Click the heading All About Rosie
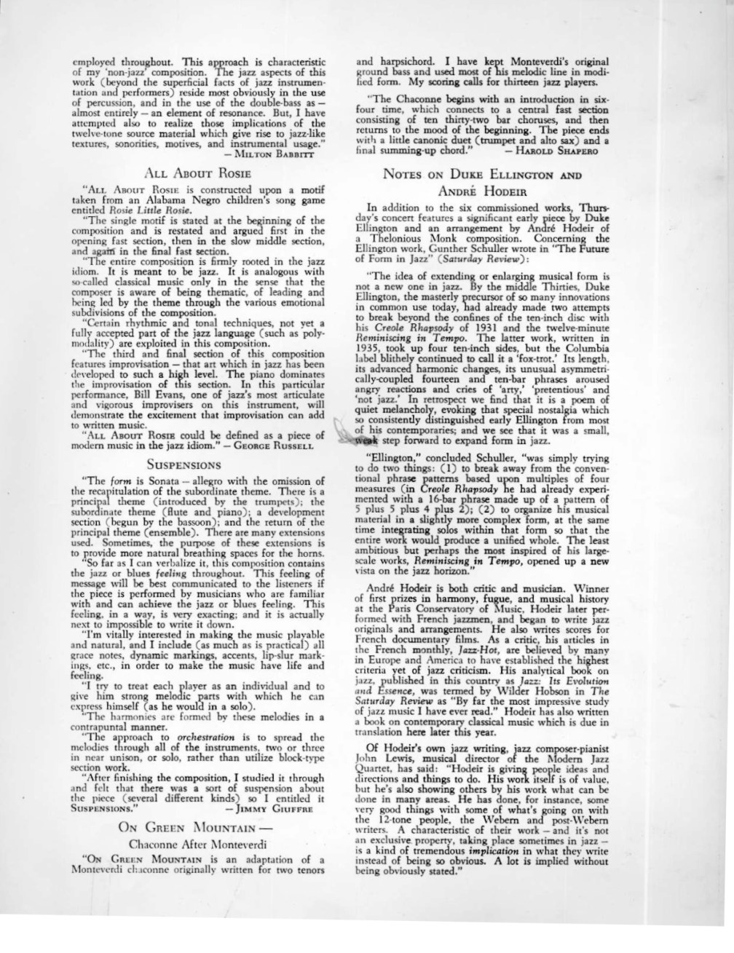point(198,173)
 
